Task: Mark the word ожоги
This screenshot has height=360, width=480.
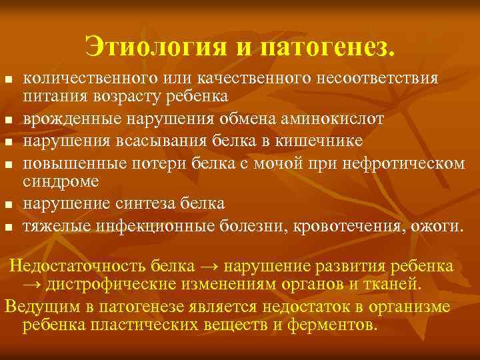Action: (435, 225)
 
